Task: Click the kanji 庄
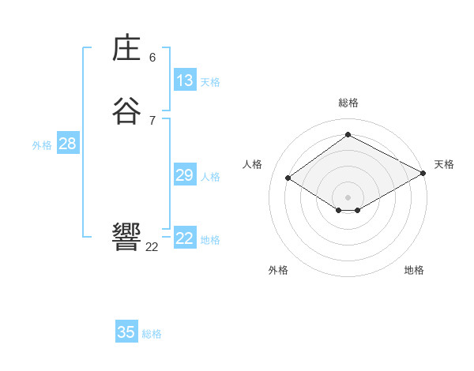point(126,49)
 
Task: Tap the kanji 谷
point(126,111)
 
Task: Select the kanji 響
point(126,237)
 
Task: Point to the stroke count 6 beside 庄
point(152,58)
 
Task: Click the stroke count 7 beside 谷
point(152,120)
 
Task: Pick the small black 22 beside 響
point(152,247)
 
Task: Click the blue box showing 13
point(185,81)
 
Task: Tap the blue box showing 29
point(185,175)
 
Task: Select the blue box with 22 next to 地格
point(185,238)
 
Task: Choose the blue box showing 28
point(67,144)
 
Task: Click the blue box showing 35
point(126,332)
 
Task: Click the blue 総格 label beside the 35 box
point(152,334)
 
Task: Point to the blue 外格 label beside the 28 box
point(42,145)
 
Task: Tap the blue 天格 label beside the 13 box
point(210,82)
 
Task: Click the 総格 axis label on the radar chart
point(348,103)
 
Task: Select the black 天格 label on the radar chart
point(444,164)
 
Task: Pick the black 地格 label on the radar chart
point(414,271)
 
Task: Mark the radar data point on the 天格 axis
point(423,174)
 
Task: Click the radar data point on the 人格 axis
point(288,178)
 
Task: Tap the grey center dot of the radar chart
point(348,197)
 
